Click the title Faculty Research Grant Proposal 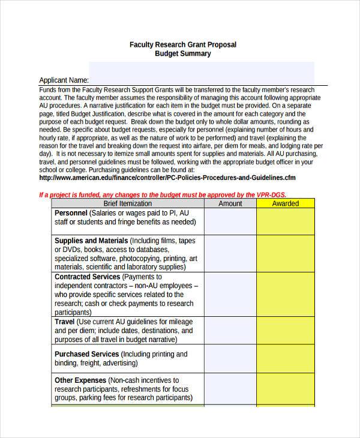click(x=183, y=44)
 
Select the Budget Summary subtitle click(x=183, y=54)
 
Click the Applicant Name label click(x=64, y=80)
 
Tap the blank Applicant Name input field click(x=201, y=73)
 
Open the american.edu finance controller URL click(x=167, y=178)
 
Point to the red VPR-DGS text click(x=271, y=195)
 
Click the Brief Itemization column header click(x=127, y=204)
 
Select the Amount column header click(x=230, y=204)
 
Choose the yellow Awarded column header click(x=285, y=204)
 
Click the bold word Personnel click(x=71, y=213)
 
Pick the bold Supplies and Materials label click(x=91, y=241)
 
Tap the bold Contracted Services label click(x=87, y=277)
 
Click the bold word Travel click(x=64, y=322)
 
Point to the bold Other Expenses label click(x=80, y=380)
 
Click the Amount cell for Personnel click(x=230, y=221)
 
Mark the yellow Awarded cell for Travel click(x=285, y=331)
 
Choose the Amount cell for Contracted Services click(x=230, y=295)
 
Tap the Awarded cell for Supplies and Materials click(x=285, y=254)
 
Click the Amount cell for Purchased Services click(x=230, y=359)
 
